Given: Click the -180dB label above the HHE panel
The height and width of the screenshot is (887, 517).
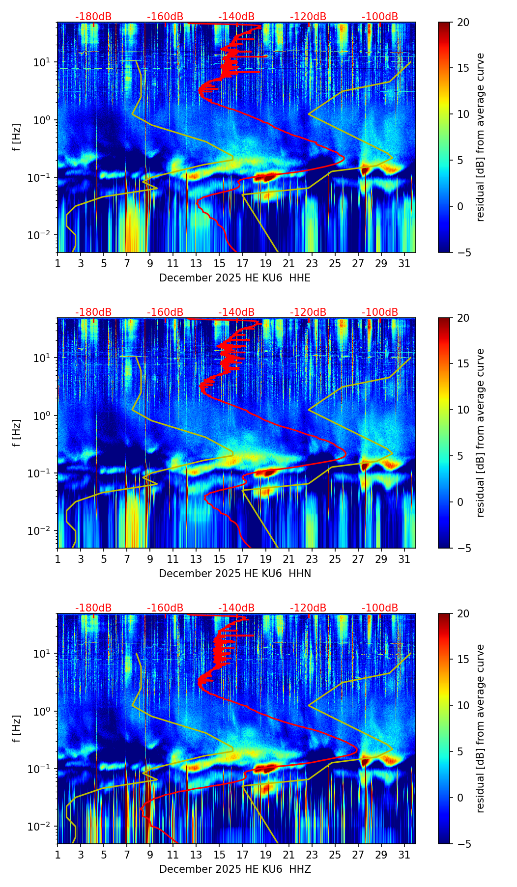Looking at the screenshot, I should point(93,17).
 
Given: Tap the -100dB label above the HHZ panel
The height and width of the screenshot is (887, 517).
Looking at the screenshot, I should point(380,608).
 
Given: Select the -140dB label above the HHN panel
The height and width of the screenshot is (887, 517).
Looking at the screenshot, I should point(236,312).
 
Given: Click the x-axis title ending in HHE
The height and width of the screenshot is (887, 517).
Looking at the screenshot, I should point(235,278).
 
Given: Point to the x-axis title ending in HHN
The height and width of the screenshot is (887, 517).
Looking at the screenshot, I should point(235,574).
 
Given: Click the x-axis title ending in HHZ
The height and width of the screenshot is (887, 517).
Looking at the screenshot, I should point(235,869).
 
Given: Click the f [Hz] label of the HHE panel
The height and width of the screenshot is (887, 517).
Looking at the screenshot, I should point(17,138).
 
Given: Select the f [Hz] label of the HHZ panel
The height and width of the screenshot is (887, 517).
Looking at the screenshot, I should point(17,729).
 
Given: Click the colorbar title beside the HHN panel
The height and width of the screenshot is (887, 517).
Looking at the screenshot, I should point(480,433).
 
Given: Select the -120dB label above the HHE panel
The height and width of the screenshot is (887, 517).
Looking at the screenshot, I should point(308,17).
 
